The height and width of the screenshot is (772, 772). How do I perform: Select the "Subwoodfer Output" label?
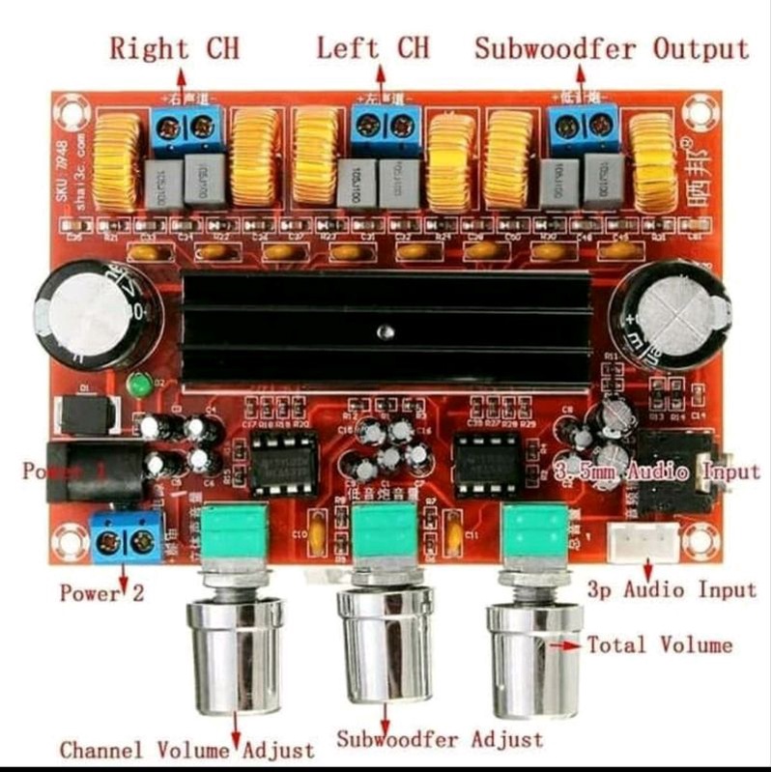pos(611,47)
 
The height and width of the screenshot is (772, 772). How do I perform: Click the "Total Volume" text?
pos(660,644)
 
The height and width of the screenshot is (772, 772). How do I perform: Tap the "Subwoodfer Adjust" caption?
pos(440,739)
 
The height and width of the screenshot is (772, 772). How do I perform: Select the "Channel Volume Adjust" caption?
pos(186,749)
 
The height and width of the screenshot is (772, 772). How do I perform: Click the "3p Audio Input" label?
pos(672,589)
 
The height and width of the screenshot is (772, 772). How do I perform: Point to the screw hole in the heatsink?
pos(386,333)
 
